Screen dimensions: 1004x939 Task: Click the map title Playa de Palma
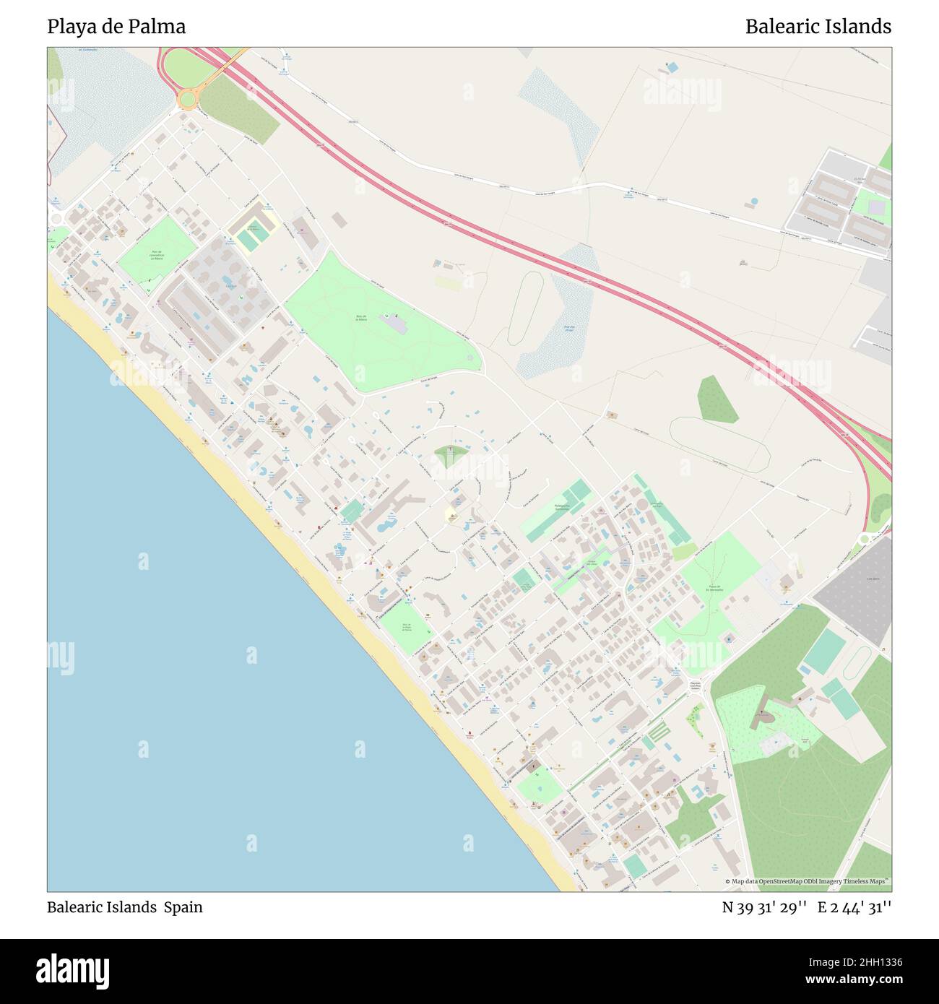[116, 27]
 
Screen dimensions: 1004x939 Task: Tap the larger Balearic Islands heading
[818, 27]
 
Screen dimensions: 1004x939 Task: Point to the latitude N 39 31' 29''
[764, 907]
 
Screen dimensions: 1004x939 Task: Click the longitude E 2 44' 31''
[854, 907]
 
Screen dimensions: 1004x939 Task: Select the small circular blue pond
[754, 201]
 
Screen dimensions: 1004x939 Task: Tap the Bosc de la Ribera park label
[361, 318]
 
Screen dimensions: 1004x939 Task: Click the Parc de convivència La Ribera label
[157, 255]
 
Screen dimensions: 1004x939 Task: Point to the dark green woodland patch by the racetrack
[717, 398]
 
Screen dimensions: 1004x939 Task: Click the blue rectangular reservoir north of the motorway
[672, 67]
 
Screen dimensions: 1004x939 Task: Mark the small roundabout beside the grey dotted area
[863, 540]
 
